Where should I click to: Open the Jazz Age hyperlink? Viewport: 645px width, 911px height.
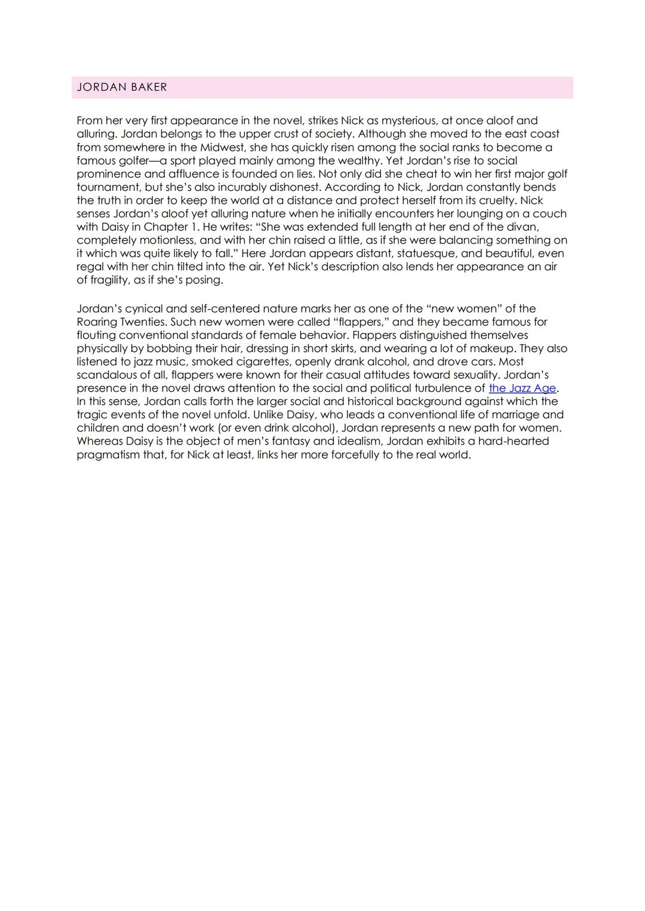tap(522, 388)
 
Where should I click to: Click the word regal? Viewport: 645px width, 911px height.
tap(91, 267)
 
